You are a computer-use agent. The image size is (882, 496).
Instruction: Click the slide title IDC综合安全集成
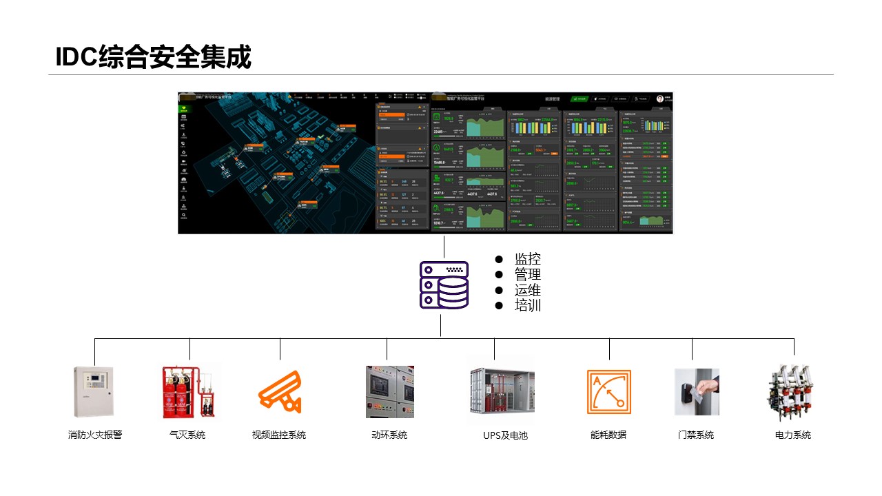[154, 57]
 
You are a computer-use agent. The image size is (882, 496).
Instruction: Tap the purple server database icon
[444, 285]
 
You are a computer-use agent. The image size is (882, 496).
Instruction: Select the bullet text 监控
[527, 259]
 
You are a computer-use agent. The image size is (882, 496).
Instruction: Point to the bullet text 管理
[527, 275]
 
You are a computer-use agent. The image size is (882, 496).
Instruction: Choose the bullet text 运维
[527, 290]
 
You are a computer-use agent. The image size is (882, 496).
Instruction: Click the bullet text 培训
[527, 306]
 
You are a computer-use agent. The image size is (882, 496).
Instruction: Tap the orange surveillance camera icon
[280, 391]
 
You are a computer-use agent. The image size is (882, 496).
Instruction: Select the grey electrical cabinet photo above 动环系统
[389, 391]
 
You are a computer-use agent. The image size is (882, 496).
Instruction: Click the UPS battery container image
[500, 391]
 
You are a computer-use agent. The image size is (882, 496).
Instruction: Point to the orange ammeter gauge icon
[608, 391]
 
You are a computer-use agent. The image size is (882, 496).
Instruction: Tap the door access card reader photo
[696, 391]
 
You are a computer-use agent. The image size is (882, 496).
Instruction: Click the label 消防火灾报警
[94, 435]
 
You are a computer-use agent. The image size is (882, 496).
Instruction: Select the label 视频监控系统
[279, 435]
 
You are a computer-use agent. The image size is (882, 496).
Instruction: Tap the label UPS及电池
[505, 435]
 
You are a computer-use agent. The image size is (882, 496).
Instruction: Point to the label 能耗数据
[608, 435]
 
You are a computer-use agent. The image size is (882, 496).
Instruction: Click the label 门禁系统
[696, 435]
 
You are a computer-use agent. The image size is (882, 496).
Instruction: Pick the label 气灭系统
[187, 435]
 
